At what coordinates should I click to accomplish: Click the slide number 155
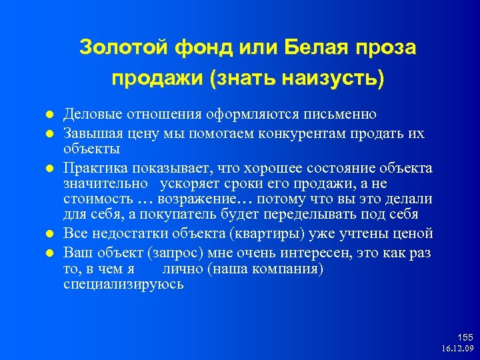click(465, 337)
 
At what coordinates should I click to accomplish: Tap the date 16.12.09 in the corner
click(457, 349)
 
